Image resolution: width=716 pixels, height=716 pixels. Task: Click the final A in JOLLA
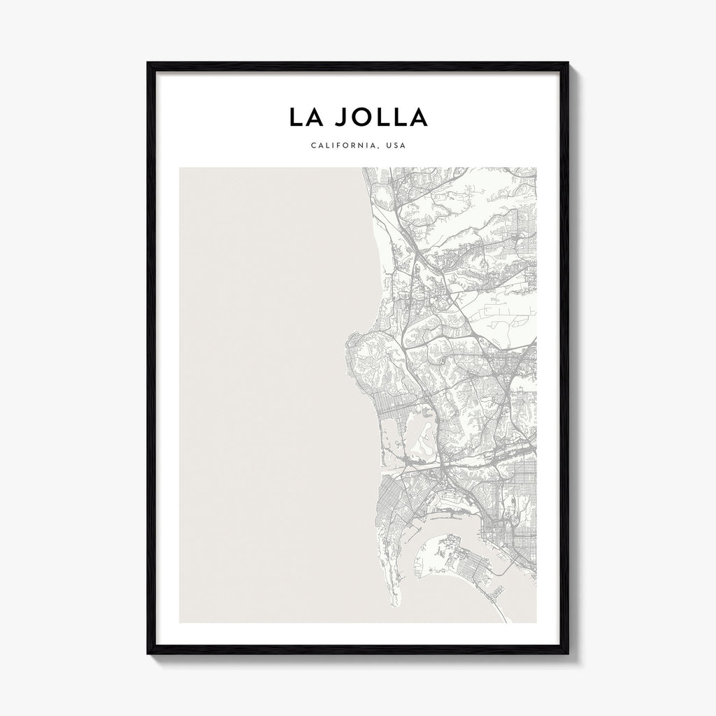pos(418,117)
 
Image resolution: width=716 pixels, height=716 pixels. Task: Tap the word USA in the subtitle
pos(395,146)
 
